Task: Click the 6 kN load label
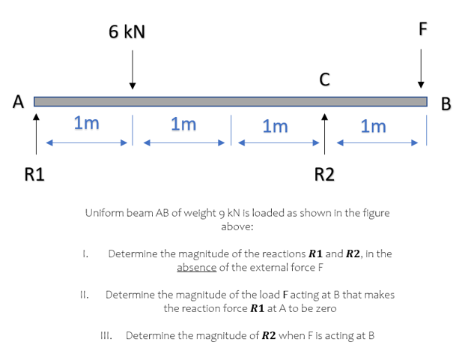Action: pos(127,31)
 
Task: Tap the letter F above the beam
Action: pos(422,30)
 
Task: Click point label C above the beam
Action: pos(325,77)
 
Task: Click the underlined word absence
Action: pos(196,267)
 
